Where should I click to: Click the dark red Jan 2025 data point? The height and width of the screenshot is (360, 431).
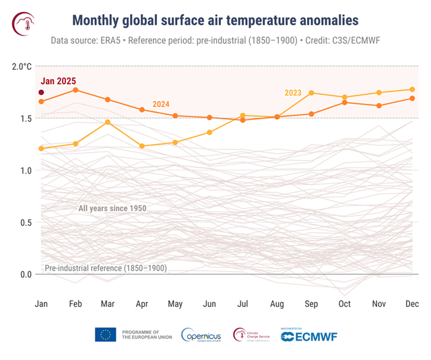pos(41,92)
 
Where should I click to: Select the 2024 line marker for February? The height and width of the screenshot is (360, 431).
pos(75,90)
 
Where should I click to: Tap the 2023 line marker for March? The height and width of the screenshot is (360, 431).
pos(108,122)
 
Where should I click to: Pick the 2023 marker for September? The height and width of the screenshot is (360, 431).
pos(311,93)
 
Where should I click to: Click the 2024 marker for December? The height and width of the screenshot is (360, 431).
pos(412,98)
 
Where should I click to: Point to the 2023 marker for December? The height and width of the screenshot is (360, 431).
pos(412,89)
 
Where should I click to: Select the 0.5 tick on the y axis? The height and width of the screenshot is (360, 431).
pos(25,223)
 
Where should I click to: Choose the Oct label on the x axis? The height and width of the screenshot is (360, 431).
pos(344,304)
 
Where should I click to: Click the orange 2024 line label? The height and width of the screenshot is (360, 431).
pos(161,104)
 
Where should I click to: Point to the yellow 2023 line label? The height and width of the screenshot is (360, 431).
pos(293,93)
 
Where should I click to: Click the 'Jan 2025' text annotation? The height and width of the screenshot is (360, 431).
pos(57,81)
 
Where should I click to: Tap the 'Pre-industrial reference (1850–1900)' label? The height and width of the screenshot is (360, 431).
pos(106,268)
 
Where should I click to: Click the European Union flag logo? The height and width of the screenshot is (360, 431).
pos(105,334)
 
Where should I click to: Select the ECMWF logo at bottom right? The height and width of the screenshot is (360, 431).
pos(309,335)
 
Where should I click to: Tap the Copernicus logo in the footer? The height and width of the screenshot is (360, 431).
pos(202,334)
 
